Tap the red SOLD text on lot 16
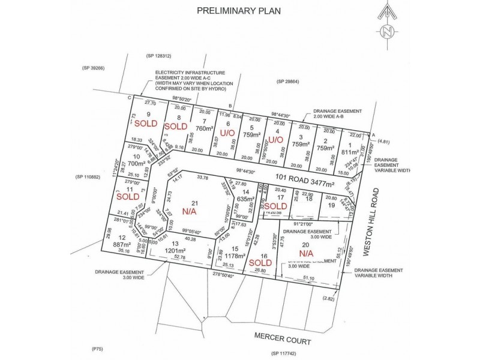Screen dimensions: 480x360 point(259,262)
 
